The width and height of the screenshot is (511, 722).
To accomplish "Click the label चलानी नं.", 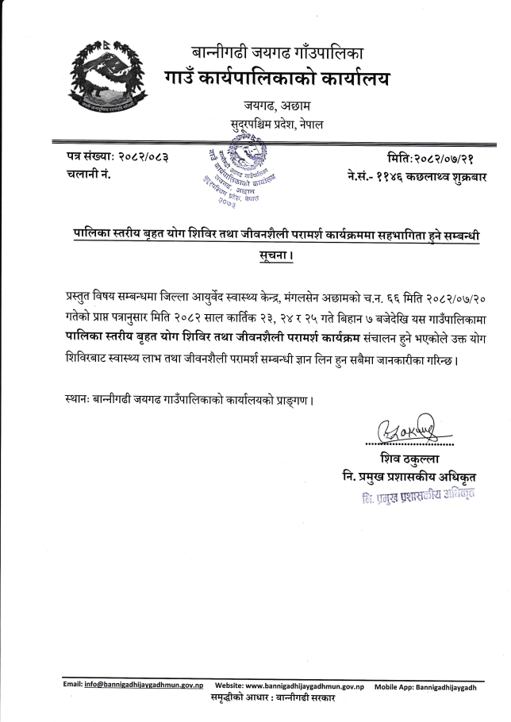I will [x=89, y=174].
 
